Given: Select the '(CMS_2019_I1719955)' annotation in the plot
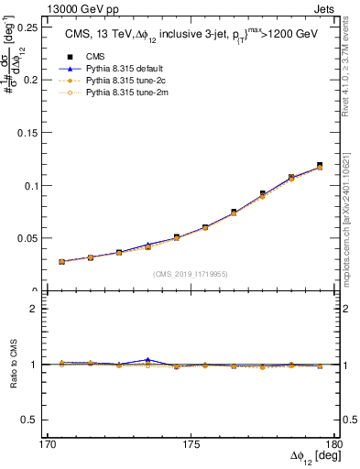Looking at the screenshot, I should coord(191,273).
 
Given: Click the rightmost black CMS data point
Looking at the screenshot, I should coord(320,165).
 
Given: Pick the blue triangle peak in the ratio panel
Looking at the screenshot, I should coord(147,359).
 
